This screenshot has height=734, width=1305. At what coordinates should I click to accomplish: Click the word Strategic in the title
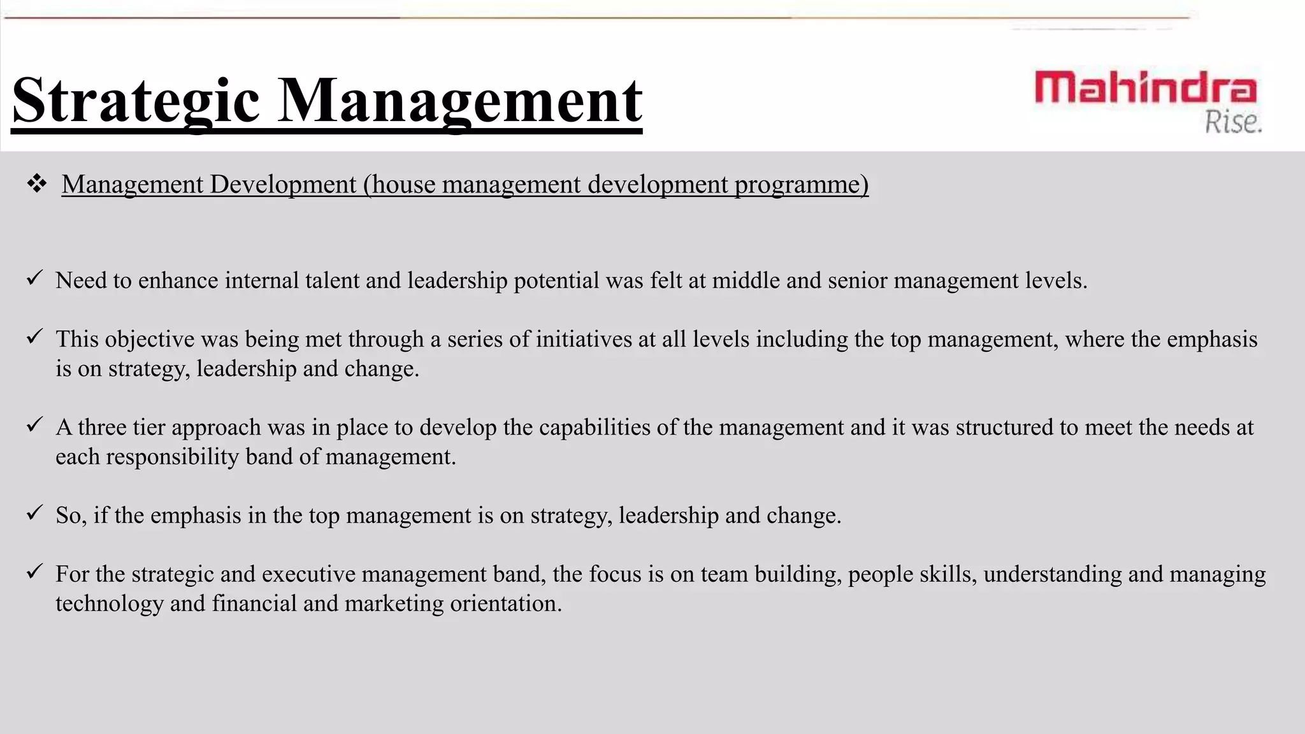[x=136, y=101]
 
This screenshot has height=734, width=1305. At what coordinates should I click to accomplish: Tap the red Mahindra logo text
[x=1145, y=88]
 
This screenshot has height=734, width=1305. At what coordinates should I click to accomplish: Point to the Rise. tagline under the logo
[x=1233, y=122]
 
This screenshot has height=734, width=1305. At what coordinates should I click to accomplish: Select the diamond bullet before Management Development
[x=37, y=184]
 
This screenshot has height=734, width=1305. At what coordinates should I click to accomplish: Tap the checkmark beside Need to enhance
[x=34, y=278]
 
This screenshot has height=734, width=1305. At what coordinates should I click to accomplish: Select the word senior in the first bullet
[x=857, y=280]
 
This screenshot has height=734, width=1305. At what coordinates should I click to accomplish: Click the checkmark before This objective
[x=34, y=336]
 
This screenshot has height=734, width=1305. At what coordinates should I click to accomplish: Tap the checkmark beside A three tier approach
[x=34, y=424]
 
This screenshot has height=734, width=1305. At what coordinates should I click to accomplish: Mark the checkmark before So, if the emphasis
[x=34, y=512]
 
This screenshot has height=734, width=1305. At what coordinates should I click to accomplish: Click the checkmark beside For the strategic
[x=34, y=571]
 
